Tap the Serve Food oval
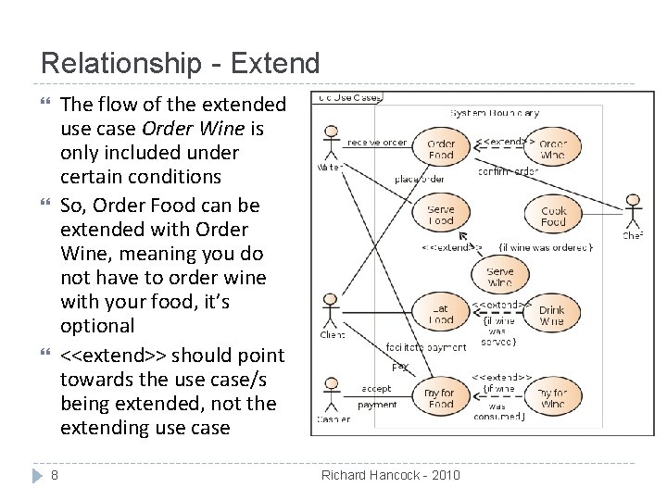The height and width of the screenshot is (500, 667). (x=441, y=215)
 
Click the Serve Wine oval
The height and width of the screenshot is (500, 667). (x=499, y=277)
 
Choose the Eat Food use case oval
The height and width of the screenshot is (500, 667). (x=441, y=315)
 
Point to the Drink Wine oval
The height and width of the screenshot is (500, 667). (x=552, y=316)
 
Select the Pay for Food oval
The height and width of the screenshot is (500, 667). (x=441, y=398)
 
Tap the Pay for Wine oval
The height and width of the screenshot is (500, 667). (x=552, y=398)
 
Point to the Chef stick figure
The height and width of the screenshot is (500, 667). (x=633, y=212)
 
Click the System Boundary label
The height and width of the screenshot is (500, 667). (x=494, y=113)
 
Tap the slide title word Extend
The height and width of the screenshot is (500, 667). (x=274, y=63)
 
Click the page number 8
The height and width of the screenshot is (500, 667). (x=55, y=475)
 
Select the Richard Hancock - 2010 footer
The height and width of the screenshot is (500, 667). (x=390, y=475)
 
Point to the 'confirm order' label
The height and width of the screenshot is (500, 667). (x=508, y=171)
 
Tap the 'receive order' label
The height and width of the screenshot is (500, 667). (x=377, y=143)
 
